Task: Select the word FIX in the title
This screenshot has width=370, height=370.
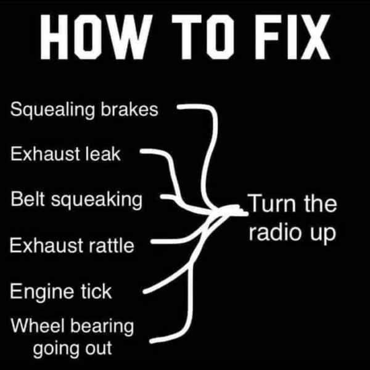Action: [292, 36]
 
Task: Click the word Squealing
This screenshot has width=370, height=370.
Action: [52, 110]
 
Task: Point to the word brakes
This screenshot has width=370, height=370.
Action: [129, 109]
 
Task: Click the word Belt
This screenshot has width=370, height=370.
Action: [28, 199]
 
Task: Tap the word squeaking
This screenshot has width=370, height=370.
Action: [97, 200]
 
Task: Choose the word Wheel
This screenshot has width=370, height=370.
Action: [38, 325]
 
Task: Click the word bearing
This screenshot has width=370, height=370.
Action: [102, 327]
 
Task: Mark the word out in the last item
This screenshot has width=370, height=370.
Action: [98, 348]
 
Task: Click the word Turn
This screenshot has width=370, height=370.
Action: [273, 203]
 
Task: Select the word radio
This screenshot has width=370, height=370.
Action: [276, 232]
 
